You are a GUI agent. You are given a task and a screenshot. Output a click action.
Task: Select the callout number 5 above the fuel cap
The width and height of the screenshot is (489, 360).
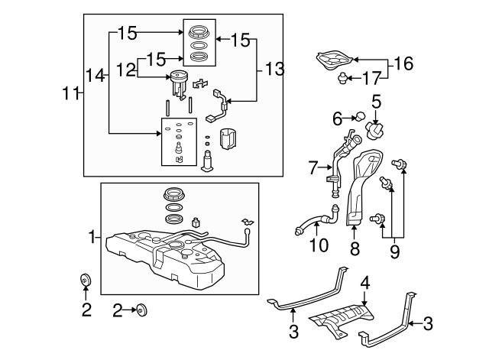click(x=376, y=100)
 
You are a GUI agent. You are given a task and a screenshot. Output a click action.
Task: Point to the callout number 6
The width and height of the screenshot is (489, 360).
click(x=337, y=118)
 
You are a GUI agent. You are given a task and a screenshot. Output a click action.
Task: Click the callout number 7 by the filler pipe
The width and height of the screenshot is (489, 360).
click(x=313, y=167)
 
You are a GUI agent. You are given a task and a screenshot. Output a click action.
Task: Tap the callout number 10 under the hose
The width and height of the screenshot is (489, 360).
click(x=318, y=245)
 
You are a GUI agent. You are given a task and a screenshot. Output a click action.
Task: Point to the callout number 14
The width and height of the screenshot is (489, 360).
click(x=95, y=75)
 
